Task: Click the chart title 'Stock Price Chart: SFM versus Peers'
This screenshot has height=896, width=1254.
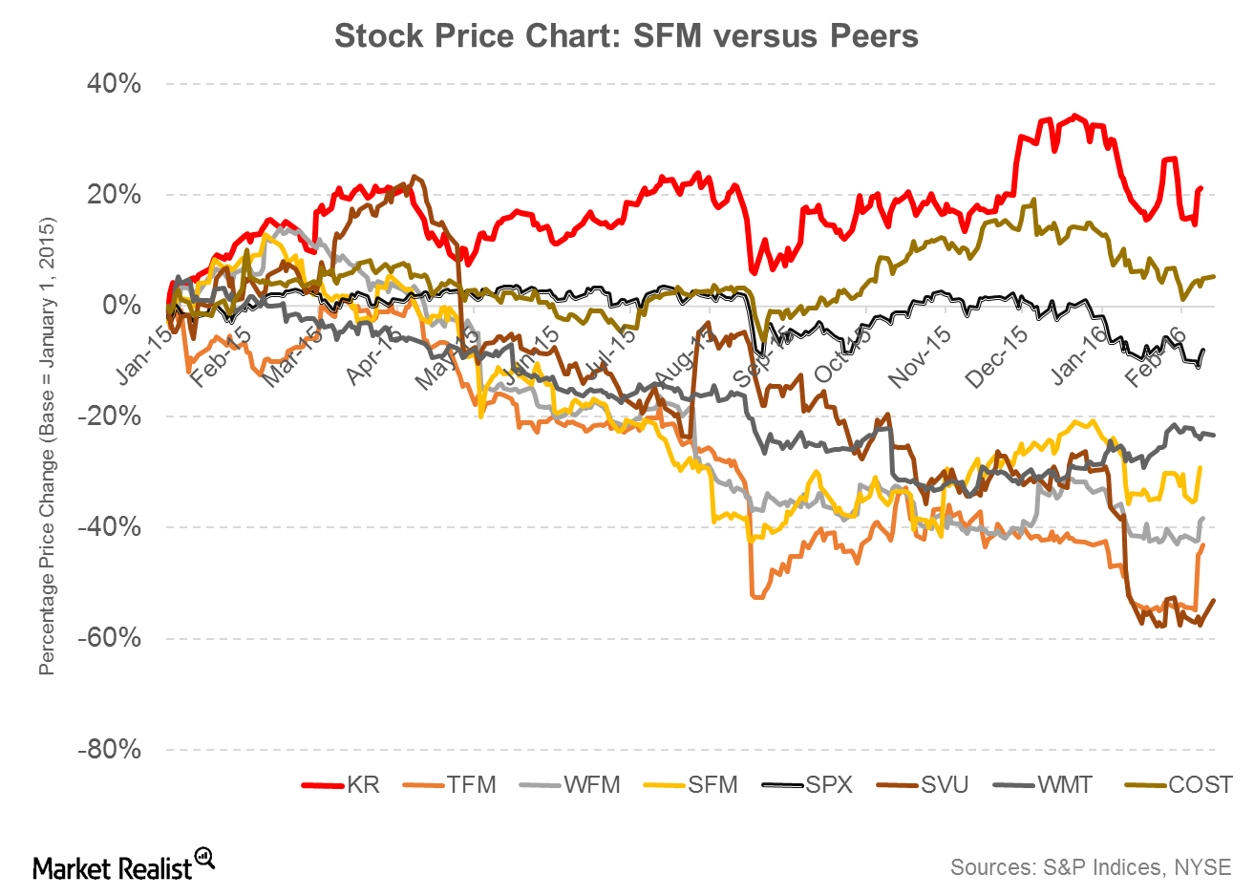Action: point(626,36)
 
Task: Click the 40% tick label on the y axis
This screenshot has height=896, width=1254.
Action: point(116,84)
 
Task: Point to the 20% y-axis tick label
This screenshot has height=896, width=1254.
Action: point(116,195)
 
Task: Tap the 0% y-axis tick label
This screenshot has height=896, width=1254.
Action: point(123,306)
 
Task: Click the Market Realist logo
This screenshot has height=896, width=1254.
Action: point(123,864)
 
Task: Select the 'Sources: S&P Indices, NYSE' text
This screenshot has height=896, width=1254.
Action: point(1091,866)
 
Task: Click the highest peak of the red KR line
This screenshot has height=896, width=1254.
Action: point(1075,116)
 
